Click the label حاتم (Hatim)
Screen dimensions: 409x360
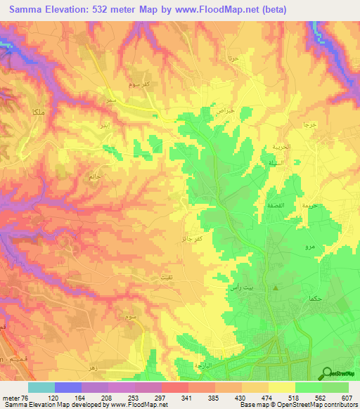coord(94,176)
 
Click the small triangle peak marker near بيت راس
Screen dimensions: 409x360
coord(276,288)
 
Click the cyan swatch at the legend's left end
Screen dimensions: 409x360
coord(41,387)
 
